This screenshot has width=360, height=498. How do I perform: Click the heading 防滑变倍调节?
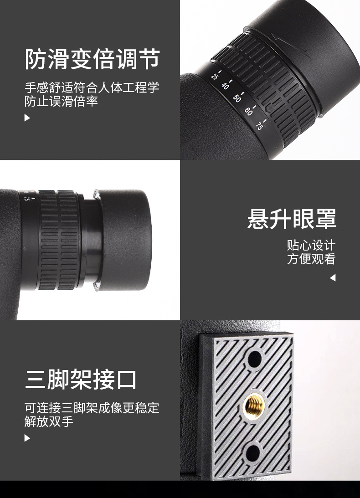pos(92,60)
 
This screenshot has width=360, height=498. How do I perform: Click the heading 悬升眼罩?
pos(292,219)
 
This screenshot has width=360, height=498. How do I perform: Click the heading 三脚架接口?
pos(81,380)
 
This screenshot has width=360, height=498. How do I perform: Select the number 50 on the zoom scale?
pos(237,98)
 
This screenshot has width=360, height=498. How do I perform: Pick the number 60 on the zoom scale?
pos(248,111)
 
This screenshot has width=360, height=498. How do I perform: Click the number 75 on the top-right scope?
pos(259,125)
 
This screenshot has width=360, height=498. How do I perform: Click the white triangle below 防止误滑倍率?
pos(27,118)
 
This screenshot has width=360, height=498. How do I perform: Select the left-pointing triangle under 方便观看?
pos(332,277)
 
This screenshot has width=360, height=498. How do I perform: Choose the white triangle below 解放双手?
pos(27,438)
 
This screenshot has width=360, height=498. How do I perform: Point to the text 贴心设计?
pos(311,245)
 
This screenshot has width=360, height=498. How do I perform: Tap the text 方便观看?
pos(311,259)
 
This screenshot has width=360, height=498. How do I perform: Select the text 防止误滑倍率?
pos(61,101)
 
